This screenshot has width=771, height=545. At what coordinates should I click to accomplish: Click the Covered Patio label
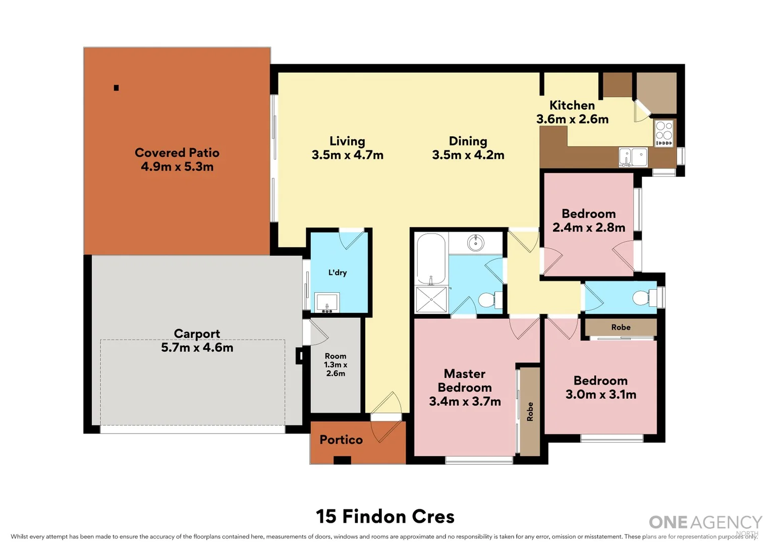click(177, 159)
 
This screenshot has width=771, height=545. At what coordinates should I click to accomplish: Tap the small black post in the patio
click(116, 88)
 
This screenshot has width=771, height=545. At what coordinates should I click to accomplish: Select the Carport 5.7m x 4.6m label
click(197, 341)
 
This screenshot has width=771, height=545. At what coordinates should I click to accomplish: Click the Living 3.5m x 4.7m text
click(347, 148)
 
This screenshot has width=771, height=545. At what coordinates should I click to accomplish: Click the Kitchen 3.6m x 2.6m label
click(572, 112)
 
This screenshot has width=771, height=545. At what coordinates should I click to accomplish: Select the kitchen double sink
click(633, 157)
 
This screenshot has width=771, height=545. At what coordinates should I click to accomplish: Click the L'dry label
click(338, 272)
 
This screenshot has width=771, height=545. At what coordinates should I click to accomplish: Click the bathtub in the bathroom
click(431, 259)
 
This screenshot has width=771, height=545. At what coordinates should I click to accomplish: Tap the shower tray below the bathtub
click(431, 299)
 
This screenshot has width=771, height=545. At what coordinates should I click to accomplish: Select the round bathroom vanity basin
click(475, 243)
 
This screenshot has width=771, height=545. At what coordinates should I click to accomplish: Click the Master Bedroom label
click(465, 388)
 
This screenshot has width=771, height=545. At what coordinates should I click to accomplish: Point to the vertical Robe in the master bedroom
click(530, 411)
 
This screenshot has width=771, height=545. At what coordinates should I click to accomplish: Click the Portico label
click(341, 440)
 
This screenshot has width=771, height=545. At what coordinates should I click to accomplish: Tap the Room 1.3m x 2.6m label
click(336, 365)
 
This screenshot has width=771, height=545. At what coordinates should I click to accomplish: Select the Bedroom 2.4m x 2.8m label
click(588, 221)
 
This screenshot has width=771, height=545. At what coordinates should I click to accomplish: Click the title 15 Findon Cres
click(385, 517)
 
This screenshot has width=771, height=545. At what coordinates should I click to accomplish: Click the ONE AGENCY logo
click(705, 523)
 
